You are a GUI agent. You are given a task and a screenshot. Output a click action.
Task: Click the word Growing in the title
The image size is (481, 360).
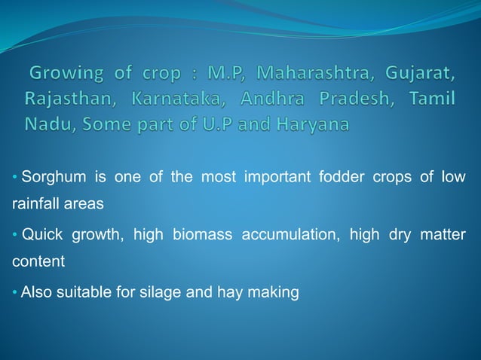tap(66, 75)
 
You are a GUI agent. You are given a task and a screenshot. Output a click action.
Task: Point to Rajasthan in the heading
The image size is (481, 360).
tap(69, 99)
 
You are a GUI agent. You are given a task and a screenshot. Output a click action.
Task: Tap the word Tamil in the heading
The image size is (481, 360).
tap(431, 99)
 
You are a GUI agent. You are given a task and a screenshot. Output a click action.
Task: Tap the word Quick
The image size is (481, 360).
tap(42, 235)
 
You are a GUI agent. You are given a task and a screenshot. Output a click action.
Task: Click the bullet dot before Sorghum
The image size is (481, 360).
tap(16, 178)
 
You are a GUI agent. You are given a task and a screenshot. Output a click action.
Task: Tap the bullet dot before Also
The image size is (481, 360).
tap(16, 292)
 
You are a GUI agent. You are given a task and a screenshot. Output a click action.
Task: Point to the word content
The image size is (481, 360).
tap(38, 262)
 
